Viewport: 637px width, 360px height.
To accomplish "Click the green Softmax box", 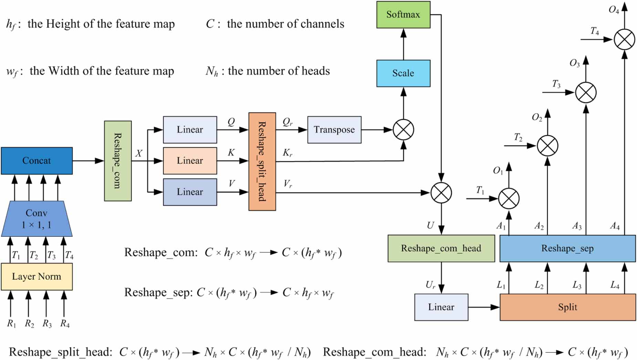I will pyautogui.click(x=403, y=14).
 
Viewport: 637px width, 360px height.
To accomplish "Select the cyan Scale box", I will pyautogui.click(x=403, y=73).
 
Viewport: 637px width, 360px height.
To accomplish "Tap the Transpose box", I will pyautogui.click(x=334, y=130).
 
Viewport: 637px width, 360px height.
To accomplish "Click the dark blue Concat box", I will pyautogui.click(x=36, y=161).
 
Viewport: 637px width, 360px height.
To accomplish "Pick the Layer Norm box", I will pyautogui.click(x=36, y=277).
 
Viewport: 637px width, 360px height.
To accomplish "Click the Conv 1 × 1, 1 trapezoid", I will pyautogui.click(x=36, y=219).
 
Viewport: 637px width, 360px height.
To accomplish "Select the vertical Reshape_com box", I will pyautogui.click(x=118, y=161).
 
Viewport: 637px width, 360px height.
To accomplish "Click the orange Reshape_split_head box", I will pyautogui.click(x=262, y=161).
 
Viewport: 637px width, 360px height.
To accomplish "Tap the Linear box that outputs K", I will pyautogui.click(x=190, y=161).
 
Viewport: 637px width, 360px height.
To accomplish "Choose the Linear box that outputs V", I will pyautogui.click(x=190, y=192).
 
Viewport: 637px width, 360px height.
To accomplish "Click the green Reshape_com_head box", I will pyautogui.click(x=441, y=248).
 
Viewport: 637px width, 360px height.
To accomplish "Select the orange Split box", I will pyautogui.click(x=567, y=307).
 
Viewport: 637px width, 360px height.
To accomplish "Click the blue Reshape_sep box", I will pyautogui.click(x=567, y=248).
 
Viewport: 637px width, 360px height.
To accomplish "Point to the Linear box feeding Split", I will pyautogui.click(x=441, y=307).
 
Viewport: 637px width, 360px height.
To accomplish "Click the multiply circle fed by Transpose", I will pyautogui.click(x=403, y=130).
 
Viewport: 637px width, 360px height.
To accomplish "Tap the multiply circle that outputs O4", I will pyautogui.click(x=624, y=40).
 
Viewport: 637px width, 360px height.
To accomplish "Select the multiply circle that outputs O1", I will pyautogui.click(x=509, y=199).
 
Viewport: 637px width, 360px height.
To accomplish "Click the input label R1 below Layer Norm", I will pyautogui.click(x=11, y=324).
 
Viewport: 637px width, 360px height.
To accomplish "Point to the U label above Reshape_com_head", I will pyautogui.click(x=430, y=225).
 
